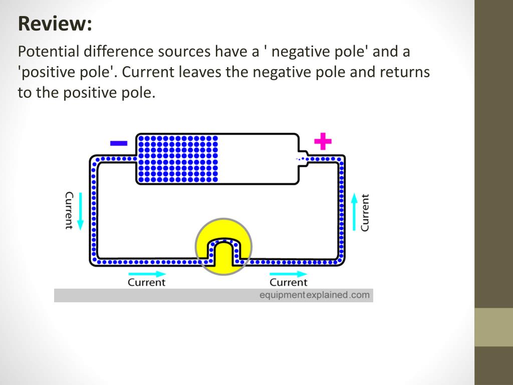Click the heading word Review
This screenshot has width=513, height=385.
[55, 24]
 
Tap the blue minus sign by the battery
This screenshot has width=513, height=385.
[119, 143]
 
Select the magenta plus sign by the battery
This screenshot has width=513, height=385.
[323, 142]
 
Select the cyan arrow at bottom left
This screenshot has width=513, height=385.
[146, 274]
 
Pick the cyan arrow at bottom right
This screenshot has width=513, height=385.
[288, 274]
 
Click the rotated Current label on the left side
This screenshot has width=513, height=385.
[69, 211]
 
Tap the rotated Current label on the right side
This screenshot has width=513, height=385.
[365, 213]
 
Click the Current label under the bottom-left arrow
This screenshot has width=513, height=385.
[146, 282]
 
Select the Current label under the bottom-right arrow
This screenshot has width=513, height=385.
[288, 282]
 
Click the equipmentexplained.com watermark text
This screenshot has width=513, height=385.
[314, 295]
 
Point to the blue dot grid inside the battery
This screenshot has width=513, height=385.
[178, 158]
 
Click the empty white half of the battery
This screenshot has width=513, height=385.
[259, 158]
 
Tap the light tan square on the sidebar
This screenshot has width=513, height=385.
[493, 327]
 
